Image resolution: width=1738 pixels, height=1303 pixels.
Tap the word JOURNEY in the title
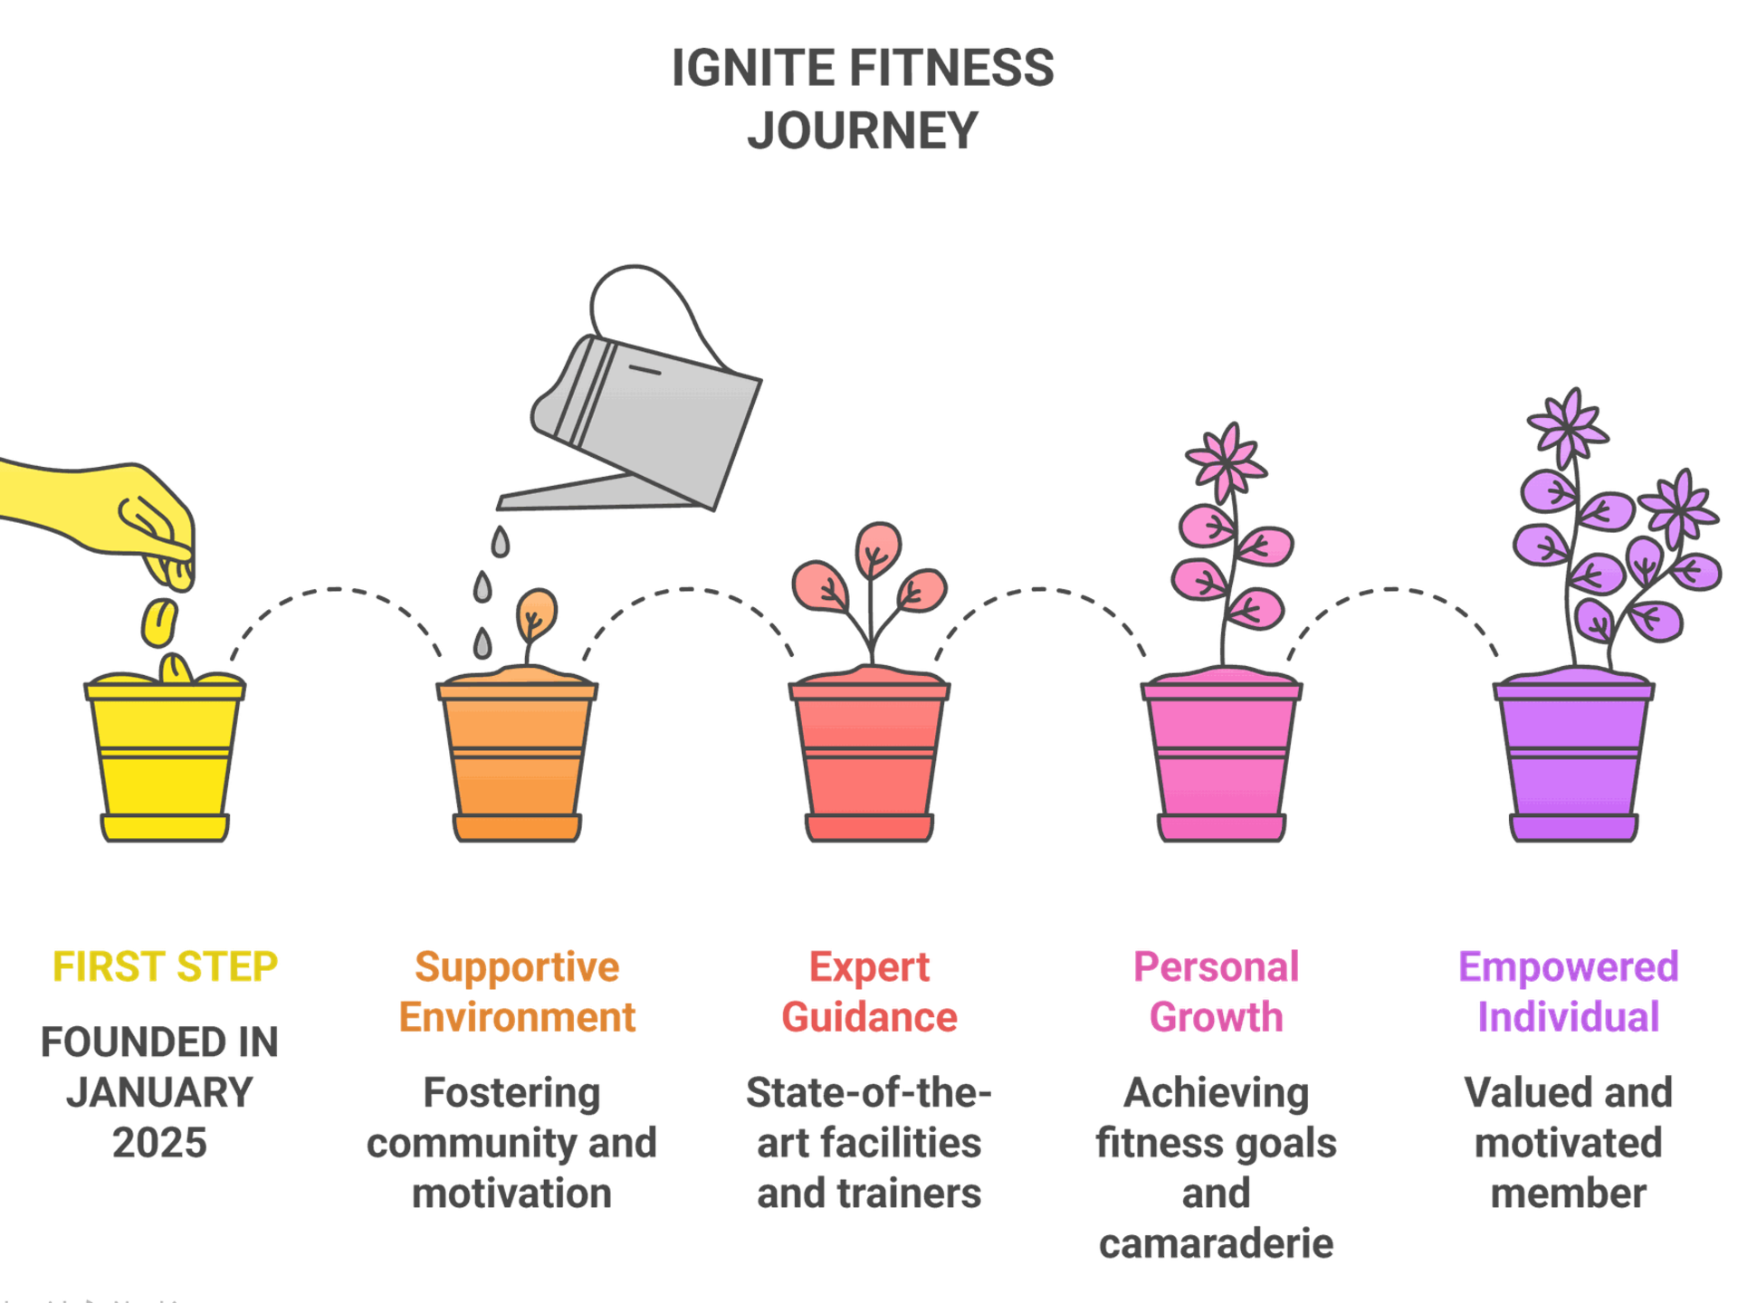tap(862, 130)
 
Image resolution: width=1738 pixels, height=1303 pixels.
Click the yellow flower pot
tap(165, 760)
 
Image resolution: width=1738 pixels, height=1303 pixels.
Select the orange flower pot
tap(517, 760)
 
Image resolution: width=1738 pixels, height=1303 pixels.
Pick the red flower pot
tap(869, 760)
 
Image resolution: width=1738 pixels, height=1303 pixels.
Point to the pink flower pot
tap(1221, 760)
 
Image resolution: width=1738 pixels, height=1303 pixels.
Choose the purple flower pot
tap(1573, 760)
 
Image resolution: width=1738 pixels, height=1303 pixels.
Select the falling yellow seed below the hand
tap(159, 623)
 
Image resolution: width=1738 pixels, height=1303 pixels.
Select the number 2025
tap(160, 1143)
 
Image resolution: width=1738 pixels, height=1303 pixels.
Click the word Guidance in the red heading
tap(869, 1017)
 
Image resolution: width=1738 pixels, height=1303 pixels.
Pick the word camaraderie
tap(1216, 1244)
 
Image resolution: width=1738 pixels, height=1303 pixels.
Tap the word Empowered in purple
tap(1569, 966)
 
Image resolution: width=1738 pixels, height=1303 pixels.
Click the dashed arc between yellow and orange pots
tap(335, 590)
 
